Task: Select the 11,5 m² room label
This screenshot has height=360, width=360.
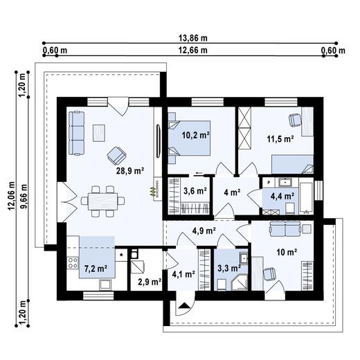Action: click(x=280, y=138)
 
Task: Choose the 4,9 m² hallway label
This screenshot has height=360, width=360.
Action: click(x=204, y=231)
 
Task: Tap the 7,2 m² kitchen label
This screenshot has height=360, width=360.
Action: click(x=96, y=267)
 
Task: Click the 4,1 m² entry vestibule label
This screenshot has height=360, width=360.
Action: click(x=181, y=274)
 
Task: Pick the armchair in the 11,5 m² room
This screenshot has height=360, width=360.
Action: click(x=296, y=120)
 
